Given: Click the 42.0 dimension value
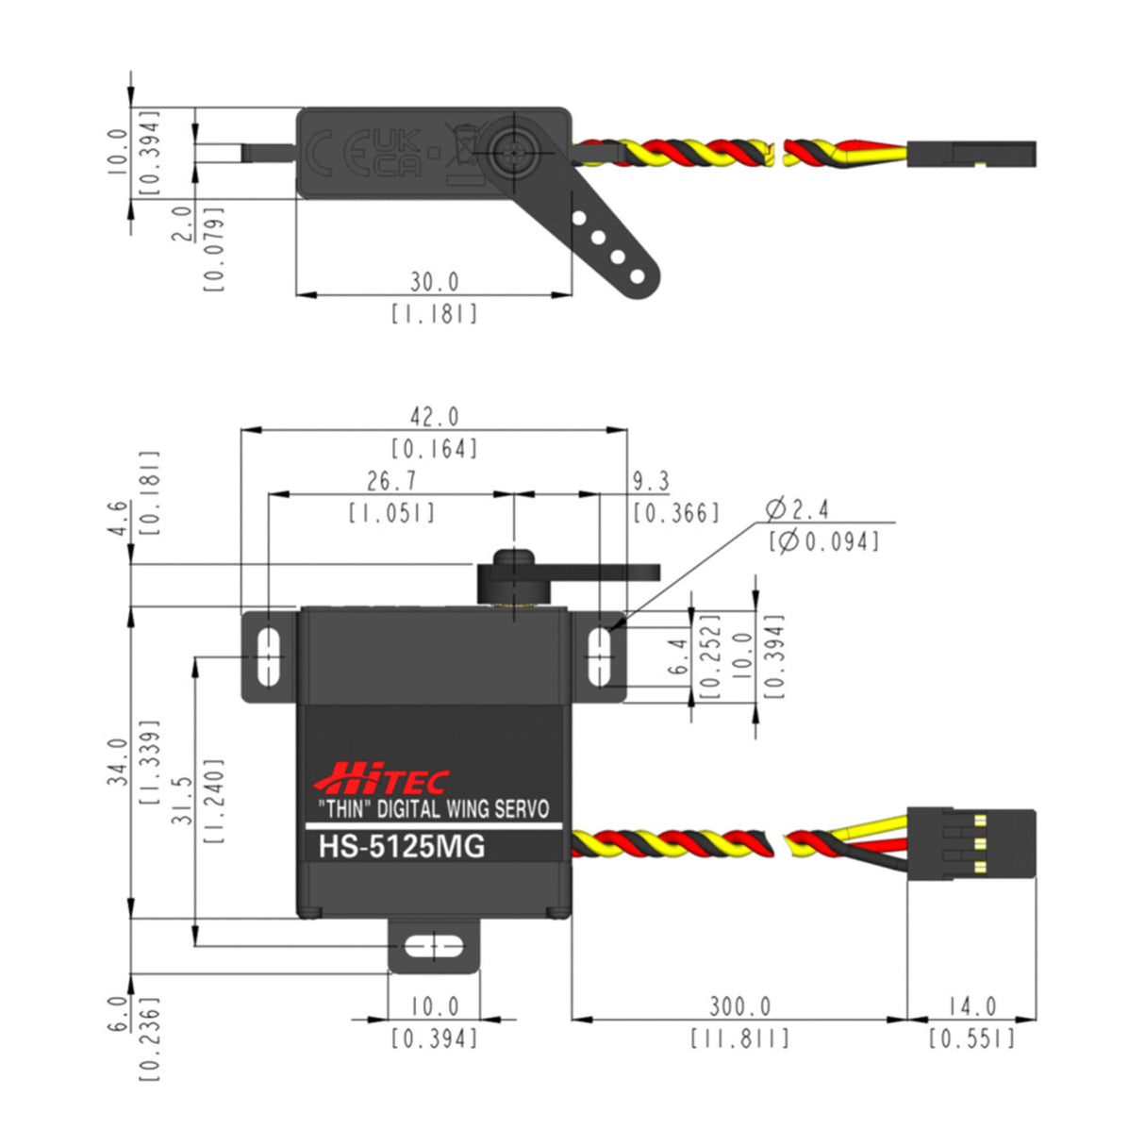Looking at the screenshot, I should point(434,417).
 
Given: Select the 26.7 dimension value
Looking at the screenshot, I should point(391,481).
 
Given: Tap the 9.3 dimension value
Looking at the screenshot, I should point(650,482).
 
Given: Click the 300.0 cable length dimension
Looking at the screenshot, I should point(739,1006).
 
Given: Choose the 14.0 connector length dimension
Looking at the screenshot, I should point(971,1006).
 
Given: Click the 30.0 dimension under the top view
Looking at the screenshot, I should point(434,282).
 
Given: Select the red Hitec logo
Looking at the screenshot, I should point(381,779).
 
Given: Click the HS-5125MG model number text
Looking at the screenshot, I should point(402,846).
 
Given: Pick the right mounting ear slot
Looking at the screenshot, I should point(599,655).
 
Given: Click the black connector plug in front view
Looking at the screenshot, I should point(971,842).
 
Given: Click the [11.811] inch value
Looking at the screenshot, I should point(739,1038).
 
